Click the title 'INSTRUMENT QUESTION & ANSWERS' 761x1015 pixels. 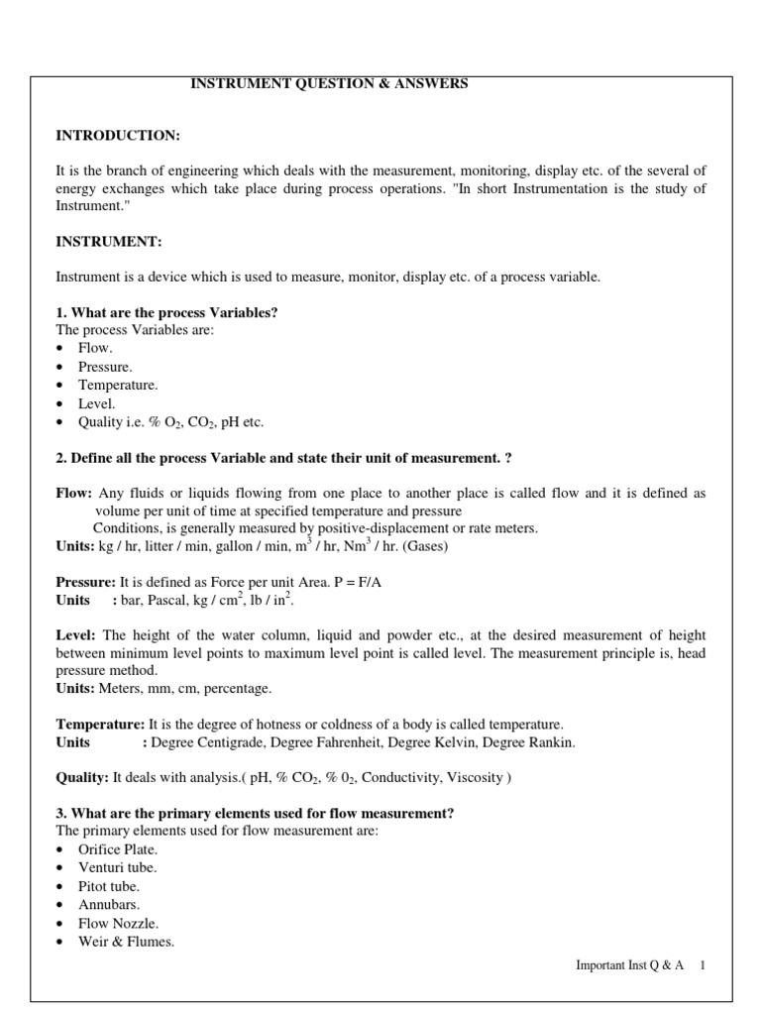point(329,84)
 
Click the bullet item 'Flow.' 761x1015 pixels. point(95,349)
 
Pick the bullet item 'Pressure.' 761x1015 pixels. point(105,367)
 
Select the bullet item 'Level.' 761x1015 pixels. point(97,403)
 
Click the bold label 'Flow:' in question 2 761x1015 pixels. point(74,493)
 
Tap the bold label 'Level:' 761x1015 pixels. point(76,634)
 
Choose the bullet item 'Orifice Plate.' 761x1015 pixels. point(118,849)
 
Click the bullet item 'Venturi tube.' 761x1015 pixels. point(117,868)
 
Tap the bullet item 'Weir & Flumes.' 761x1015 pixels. point(126,942)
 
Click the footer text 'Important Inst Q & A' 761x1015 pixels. point(629,966)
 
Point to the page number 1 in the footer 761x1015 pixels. point(703,966)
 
